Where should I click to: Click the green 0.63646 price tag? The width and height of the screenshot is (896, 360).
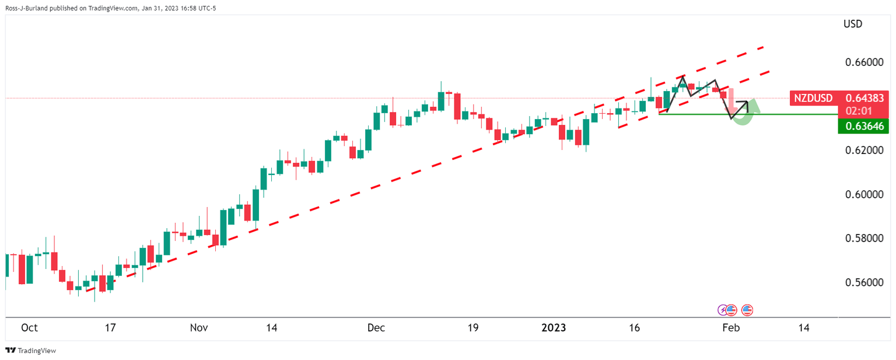click(860, 126)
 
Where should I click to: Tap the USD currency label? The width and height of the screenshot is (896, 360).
click(852, 25)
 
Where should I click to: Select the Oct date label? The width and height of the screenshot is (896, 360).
click(29, 328)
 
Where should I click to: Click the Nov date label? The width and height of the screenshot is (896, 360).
click(199, 328)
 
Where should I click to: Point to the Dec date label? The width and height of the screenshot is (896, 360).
click(376, 328)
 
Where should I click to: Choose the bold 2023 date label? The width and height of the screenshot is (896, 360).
click(554, 328)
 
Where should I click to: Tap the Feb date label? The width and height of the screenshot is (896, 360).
click(731, 328)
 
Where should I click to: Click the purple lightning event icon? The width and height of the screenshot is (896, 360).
click(723, 310)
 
